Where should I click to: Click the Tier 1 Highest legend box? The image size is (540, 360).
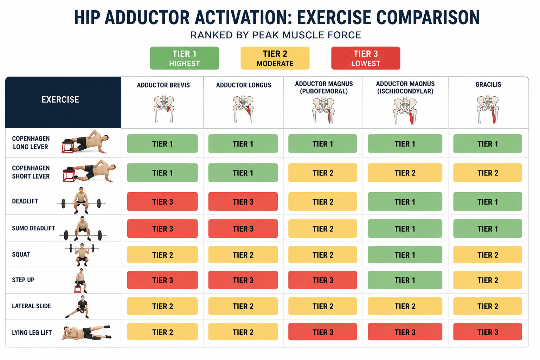[185, 58]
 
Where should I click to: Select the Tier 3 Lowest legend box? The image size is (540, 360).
[366, 58]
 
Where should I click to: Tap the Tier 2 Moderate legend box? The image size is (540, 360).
[275, 58]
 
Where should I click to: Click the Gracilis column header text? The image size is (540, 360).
[488, 84]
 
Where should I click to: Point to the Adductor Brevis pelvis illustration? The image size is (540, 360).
[164, 109]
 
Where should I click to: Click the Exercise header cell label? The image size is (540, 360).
[60, 99]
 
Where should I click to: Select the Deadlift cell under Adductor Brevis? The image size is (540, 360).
[162, 201]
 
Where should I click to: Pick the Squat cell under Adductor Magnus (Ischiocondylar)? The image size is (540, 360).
[405, 255]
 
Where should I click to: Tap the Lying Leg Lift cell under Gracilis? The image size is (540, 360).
[488, 332]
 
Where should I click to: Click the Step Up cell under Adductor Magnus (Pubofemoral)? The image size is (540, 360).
[322, 280]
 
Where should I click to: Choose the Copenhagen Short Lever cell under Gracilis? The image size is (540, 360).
[488, 173]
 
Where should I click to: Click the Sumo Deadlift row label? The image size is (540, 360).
[33, 228]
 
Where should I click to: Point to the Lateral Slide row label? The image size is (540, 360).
[31, 306]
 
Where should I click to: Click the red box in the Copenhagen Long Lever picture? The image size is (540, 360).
[67, 147]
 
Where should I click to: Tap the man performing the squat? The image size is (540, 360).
[82, 255]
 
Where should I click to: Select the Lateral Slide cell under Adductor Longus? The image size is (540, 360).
[243, 306]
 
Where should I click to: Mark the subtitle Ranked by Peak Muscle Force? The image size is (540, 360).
[276, 35]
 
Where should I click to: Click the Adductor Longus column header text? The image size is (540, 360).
[244, 85]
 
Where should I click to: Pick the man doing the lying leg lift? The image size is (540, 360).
[86, 332]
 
